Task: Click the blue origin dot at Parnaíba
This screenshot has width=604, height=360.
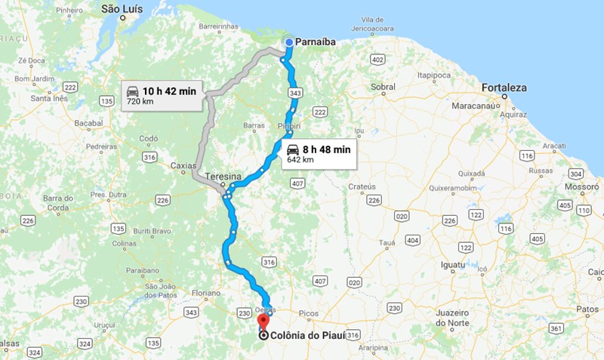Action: click(289, 42)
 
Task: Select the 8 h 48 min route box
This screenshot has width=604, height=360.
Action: click(318, 154)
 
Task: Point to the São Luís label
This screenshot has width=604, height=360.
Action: click(122, 10)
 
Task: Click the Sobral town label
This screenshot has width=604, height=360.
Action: click(383, 87)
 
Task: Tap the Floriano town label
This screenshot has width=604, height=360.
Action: click(205, 292)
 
